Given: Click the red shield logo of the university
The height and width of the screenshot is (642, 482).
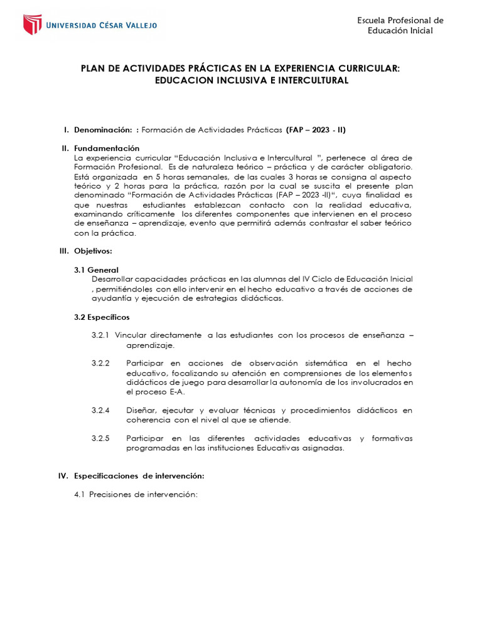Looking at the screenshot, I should pyautogui.click(x=32, y=24).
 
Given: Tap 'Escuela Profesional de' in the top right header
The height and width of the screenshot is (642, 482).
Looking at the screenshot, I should pyautogui.click(x=400, y=20).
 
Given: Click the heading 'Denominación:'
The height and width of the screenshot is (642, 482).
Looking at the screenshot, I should pyautogui.click(x=103, y=130).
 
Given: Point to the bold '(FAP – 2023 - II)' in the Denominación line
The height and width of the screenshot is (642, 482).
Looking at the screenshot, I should pyautogui.click(x=316, y=130).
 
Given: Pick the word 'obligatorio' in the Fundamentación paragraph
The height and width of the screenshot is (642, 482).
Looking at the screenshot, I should pyautogui.click(x=388, y=167).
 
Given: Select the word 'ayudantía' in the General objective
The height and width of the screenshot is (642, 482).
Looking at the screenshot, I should pyautogui.click(x=112, y=298).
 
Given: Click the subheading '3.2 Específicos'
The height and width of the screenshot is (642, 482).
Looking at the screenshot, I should pyautogui.click(x=102, y=317).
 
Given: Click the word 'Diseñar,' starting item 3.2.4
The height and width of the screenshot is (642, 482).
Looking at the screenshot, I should pyautogui.click(x=142, y=410).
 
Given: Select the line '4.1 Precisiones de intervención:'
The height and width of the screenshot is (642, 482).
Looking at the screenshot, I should pyautogui.click(x=136, y=495).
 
